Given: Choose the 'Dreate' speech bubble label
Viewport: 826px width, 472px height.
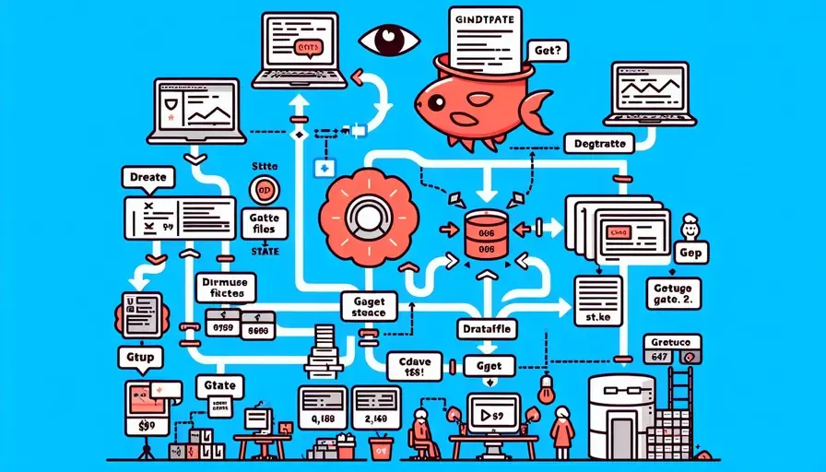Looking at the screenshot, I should tap(147, 176).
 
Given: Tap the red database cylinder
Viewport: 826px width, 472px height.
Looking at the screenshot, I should tap(485, 234).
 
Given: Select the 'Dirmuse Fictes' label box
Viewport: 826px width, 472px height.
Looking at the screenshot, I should tap(226, 287).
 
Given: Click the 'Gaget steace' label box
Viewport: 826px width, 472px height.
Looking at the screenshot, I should tap(368, 306).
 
